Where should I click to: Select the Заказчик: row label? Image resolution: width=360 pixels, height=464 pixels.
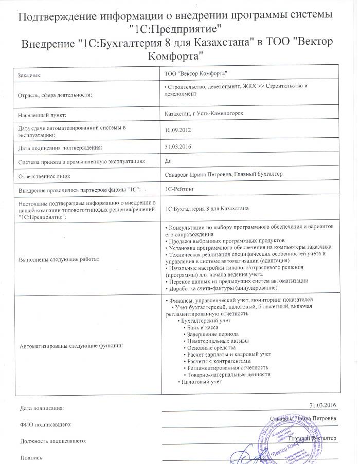30,75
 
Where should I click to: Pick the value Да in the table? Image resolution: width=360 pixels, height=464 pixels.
168,161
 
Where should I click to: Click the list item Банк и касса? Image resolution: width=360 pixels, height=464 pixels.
203,327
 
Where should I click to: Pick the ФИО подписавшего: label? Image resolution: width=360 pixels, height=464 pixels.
46,425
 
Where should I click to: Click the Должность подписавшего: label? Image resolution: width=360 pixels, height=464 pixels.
53,441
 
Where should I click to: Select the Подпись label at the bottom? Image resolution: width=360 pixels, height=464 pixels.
31,457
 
